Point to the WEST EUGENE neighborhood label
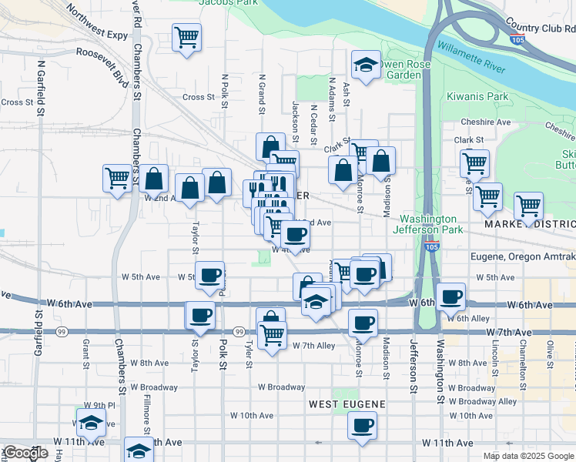[x=347, y=404]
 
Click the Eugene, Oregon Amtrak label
[x=523, y=256]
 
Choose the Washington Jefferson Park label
[x=429, y=224]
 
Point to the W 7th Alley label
[x=313, y=346]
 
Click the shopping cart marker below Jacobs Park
[x=186, y=36]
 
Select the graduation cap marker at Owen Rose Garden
[x=366, y=65]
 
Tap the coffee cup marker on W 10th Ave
[x=362, y=423]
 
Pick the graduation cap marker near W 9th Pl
[x=91, y=421]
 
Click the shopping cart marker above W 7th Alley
[x=271, y=334]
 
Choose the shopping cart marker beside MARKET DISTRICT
[x=528, y=205]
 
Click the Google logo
[x=25, y=453]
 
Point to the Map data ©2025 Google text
[x=527, y=456]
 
